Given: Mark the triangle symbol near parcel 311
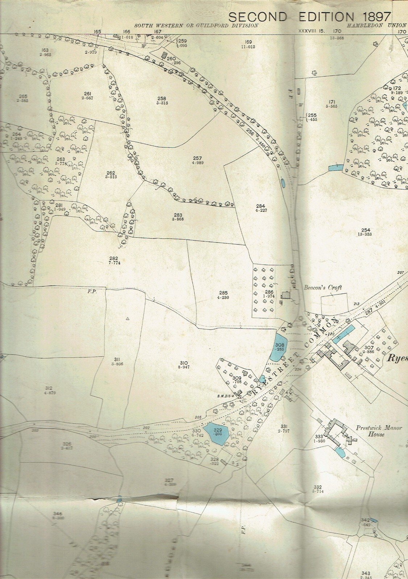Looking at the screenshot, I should click(x=127, y=319).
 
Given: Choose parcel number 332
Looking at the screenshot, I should click(x=319, y=487).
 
